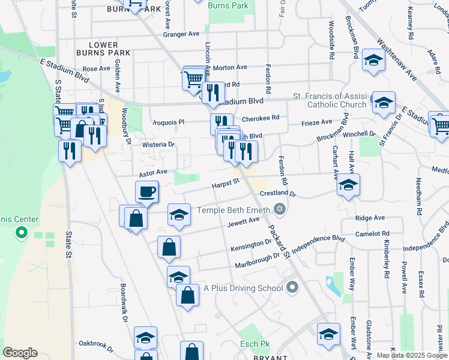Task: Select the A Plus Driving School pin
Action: click(x=292, y=287)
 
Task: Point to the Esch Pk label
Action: click(x=255, y=344)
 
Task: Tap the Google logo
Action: click(x=20, y=352)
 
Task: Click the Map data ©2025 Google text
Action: click(x=412, y=355)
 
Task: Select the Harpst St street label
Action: click(x=226, y=182)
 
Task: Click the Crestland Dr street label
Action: click(x=278, y=194)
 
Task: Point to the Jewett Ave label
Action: click(x=243, y=223)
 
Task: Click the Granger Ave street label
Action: click(x=185, y=35)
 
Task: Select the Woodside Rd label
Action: click(x=331, y=39)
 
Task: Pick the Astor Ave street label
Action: click(x=153, y=172)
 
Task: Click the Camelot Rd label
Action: click(x=372, y=234)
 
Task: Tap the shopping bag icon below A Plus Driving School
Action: click(x=188, y=295)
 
